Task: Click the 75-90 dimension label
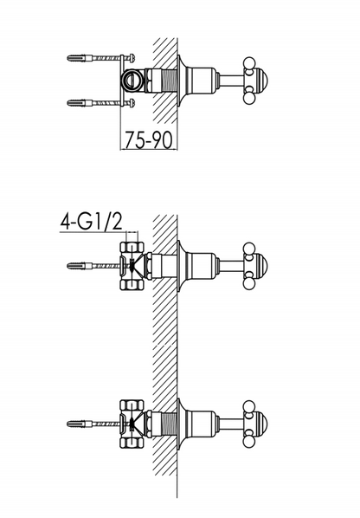(149, 139)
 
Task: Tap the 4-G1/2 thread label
(91, 222)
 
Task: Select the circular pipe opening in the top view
(133, 81)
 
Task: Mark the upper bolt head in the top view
(132, 58)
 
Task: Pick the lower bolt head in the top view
(132, 103)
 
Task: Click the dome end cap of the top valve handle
(261, 81)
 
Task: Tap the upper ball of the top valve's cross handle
(249, 63)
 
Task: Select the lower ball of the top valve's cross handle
(249, 98)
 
